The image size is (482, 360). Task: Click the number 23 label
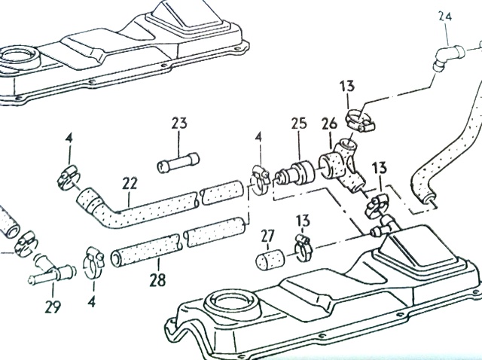[x=179, y=123]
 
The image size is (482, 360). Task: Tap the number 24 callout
[x=445, y=16]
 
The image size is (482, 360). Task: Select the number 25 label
[x=298, y=123]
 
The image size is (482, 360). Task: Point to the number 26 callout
[x=329, y=123]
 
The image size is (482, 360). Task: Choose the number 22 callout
[x=130, y=184]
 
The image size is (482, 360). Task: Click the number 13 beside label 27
[x=303, y=220]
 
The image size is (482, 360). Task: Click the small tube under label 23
[x=178, y=162]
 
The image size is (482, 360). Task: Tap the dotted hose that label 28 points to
[x=148, y=248]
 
